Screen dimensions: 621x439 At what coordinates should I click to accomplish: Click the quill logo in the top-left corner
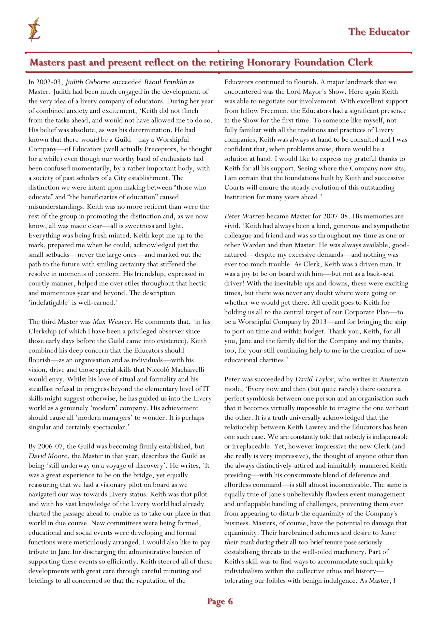click(x=34, y=30)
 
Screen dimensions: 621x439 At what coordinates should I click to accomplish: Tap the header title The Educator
click(x=379, y=32)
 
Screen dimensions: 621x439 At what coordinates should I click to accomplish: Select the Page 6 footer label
click(x=220, y=601)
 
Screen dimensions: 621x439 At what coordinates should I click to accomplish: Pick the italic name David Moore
click(x=48, y=456)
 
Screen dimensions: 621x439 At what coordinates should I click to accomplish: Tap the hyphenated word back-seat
click(x=383, y=274)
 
